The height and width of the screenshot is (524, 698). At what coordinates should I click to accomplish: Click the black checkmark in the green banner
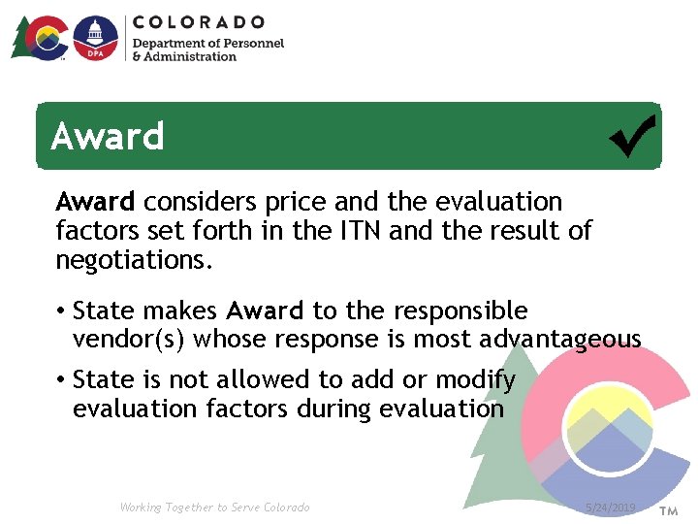[632, 136]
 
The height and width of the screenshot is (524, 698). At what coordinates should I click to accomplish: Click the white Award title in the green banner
[108, 137]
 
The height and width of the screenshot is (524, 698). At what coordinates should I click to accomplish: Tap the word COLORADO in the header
[199, 21]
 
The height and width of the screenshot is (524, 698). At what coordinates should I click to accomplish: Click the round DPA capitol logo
[96, 38]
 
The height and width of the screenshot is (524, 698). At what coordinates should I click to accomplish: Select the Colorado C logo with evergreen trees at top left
[41, 38]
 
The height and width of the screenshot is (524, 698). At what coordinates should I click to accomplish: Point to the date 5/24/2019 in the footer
[611, 508]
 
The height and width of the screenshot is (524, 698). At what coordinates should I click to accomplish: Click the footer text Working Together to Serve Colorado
[214, 508]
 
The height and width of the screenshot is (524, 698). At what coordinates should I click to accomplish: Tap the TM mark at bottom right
[669, 510]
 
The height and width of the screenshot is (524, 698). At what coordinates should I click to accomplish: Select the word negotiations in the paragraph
[133, 260]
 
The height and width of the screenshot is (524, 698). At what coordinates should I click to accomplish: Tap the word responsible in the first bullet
[459, 311]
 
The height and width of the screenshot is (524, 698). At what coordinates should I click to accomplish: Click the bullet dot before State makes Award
[60, 311]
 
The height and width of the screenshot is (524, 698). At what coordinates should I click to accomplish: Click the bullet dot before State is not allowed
[60, 379]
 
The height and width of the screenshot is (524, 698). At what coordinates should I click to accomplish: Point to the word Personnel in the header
[252, 43]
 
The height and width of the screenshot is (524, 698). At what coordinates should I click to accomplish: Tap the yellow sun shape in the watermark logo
[595, 406]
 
